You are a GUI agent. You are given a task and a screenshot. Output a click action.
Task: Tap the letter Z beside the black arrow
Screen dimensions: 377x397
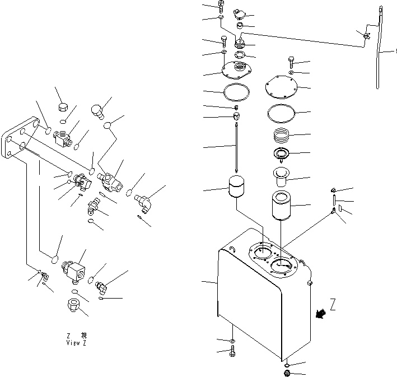point(333,305)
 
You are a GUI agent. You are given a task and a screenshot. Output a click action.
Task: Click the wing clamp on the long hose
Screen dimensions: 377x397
point(366,37)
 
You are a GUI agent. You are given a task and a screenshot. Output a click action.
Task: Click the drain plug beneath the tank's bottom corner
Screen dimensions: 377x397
point(287,374)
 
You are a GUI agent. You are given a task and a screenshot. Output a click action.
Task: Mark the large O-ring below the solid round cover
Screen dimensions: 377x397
point(282,114)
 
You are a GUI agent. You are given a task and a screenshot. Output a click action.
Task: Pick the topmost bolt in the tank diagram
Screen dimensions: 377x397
point(222,6)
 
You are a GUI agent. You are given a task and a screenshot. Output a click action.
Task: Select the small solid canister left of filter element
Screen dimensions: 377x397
point(238,189)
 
